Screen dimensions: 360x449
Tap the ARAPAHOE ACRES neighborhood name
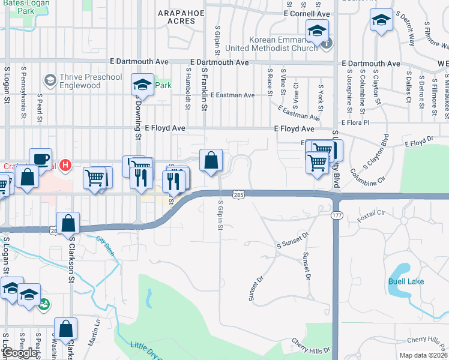177,16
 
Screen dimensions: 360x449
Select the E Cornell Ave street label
307,13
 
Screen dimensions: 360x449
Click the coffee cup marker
40,159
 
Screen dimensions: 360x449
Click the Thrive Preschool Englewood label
90,81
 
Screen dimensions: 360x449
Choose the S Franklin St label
205,84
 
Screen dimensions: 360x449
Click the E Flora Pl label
357,122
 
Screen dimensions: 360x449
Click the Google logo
20,353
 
